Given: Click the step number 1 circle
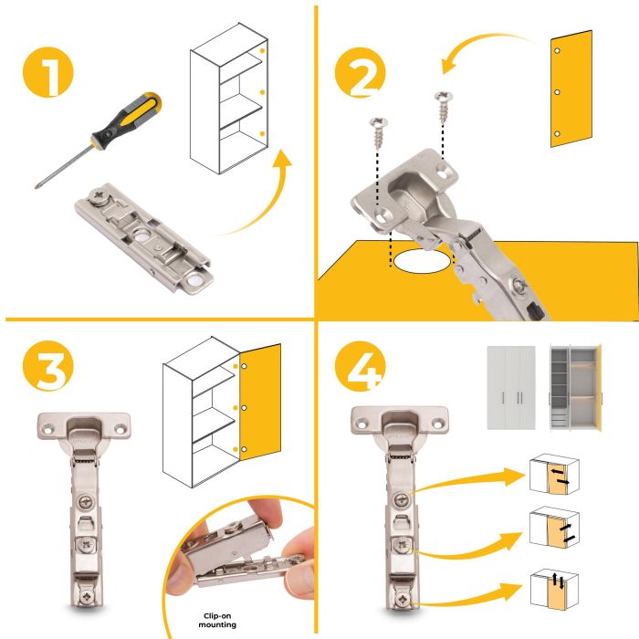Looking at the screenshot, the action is pyautogui.click(x=47, y=72).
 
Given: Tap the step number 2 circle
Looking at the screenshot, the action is pyautogui.click(x=360, y=72).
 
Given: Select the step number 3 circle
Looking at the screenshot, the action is pyautogui.click(x=47, y=365).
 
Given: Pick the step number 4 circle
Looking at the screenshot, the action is pyautogui.click(x=360, y=366).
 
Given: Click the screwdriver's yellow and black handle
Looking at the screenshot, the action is pyautogui.click(x=127, y=117).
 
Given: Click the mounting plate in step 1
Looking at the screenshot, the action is pyautogui.click(x=144, y=237).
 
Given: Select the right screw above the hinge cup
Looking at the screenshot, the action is pyautogui.click(x=444, y=107).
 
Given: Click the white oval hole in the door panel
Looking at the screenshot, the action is pyautogui.click(x=422, y=261).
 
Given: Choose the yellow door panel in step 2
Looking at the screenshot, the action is pyautogui.click(x=571, y=89).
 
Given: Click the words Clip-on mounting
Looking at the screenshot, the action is pyautogui.click(x=217, y=620).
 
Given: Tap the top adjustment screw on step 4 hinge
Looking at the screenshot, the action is pyautogui.click(x=402, y=498).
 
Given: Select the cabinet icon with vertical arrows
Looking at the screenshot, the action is pyautogui.click(x=554, y=590).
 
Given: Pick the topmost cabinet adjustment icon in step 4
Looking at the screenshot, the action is pyautogui.click(x=554, y=474).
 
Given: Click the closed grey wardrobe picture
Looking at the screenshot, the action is pyautogui.click(x=511, y=388).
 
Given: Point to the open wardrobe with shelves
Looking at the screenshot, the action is pyautogui.click(x=575, y=387).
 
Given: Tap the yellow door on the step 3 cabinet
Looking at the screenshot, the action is pyautogui.click(x=260, y=403).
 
